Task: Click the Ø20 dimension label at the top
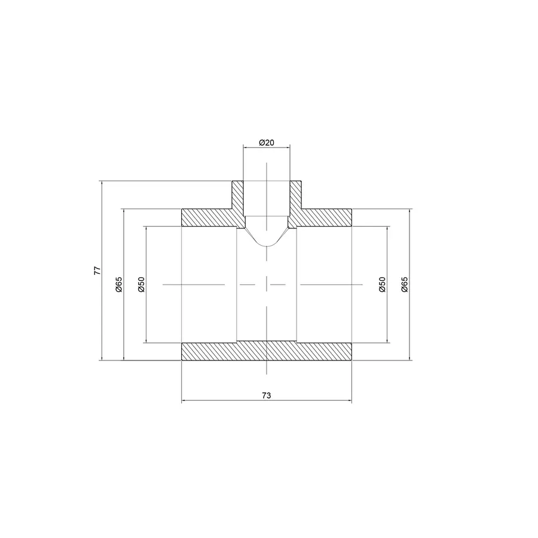[267, 142]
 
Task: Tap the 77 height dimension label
[97, 271]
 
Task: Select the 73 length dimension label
[267, 395]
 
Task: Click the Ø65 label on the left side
[119, 284]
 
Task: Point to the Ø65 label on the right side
[405, 284]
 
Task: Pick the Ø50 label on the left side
[141, 284]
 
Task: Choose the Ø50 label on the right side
[383, 284]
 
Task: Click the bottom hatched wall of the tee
[267, 351]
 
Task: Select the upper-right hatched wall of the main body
[323, 218]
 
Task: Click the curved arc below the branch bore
[267, 245]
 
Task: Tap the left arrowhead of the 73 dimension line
[184, 401]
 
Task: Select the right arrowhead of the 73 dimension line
[350, 401]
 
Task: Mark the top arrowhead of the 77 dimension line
[102, 183]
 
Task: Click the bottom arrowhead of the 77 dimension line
[102, 359]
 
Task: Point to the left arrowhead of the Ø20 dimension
[245, 148]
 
